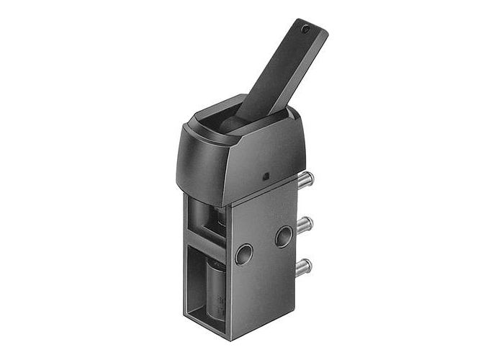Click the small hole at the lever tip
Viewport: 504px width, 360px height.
tap(305, 30)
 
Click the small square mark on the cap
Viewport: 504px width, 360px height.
tap(264, 175)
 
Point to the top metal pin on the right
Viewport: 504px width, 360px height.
tap(307, 178)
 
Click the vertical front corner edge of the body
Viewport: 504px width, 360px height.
tap(228, 274)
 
